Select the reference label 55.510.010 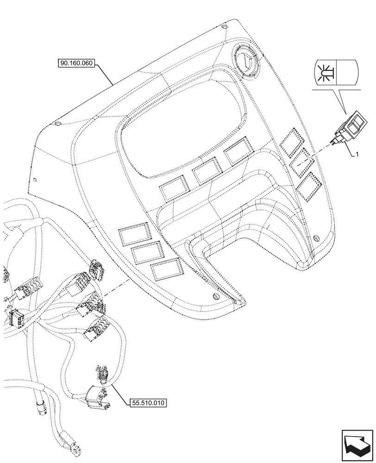coord(146,402)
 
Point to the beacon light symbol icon coord(324,72)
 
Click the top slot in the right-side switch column coord(291,140)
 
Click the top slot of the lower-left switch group coord(134,234)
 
